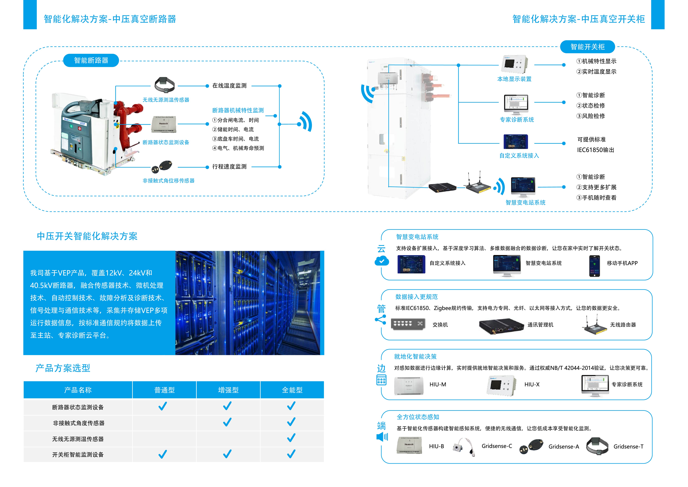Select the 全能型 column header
coord(292,390)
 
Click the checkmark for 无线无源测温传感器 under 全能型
coord(291,438)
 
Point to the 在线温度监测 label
coord(229,86)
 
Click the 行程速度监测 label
coord(229,167)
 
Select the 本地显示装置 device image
coord(514,64)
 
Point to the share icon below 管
coord(381,320)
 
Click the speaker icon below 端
coord(382,437)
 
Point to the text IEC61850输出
coord(595,150)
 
